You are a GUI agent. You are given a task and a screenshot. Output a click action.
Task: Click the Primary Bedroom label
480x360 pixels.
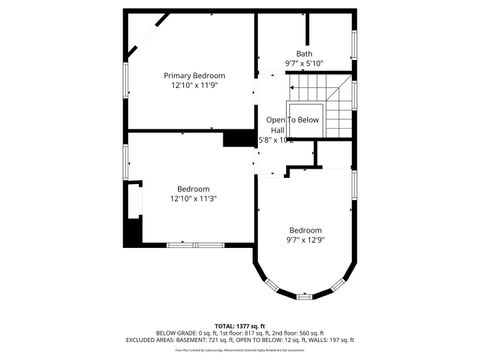(x=194, y=76)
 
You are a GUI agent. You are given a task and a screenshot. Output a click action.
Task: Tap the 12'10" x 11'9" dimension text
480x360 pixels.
(x=194, y=86)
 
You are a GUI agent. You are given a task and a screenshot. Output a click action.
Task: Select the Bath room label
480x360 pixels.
(x=304, y=54)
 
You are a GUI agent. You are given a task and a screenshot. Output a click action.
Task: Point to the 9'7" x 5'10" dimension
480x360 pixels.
(x=304, y=64)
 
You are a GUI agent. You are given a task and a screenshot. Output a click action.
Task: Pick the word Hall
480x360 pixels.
(x=277, y=130)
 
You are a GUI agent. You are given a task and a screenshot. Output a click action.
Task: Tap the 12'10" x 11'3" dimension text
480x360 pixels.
(x=194, y=199)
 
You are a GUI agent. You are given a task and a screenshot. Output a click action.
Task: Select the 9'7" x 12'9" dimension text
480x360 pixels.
(x=306, y=240)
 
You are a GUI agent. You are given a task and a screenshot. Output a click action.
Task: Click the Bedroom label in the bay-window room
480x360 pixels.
(x=306, y=230)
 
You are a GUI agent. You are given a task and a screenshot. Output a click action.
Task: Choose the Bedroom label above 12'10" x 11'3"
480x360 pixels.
(x=194, y=189)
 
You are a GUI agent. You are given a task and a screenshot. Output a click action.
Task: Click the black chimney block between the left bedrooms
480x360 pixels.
(x=239, y=138)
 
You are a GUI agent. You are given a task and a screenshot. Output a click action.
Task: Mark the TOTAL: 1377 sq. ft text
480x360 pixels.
(x=240, y=326)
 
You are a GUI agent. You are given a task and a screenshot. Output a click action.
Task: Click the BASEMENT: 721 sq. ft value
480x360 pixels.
(x=232, y=340)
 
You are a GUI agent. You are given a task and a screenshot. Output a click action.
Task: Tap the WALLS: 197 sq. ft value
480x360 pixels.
(x=333, y=340)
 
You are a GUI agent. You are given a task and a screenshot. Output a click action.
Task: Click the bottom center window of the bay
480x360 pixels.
(x=304, y=296)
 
